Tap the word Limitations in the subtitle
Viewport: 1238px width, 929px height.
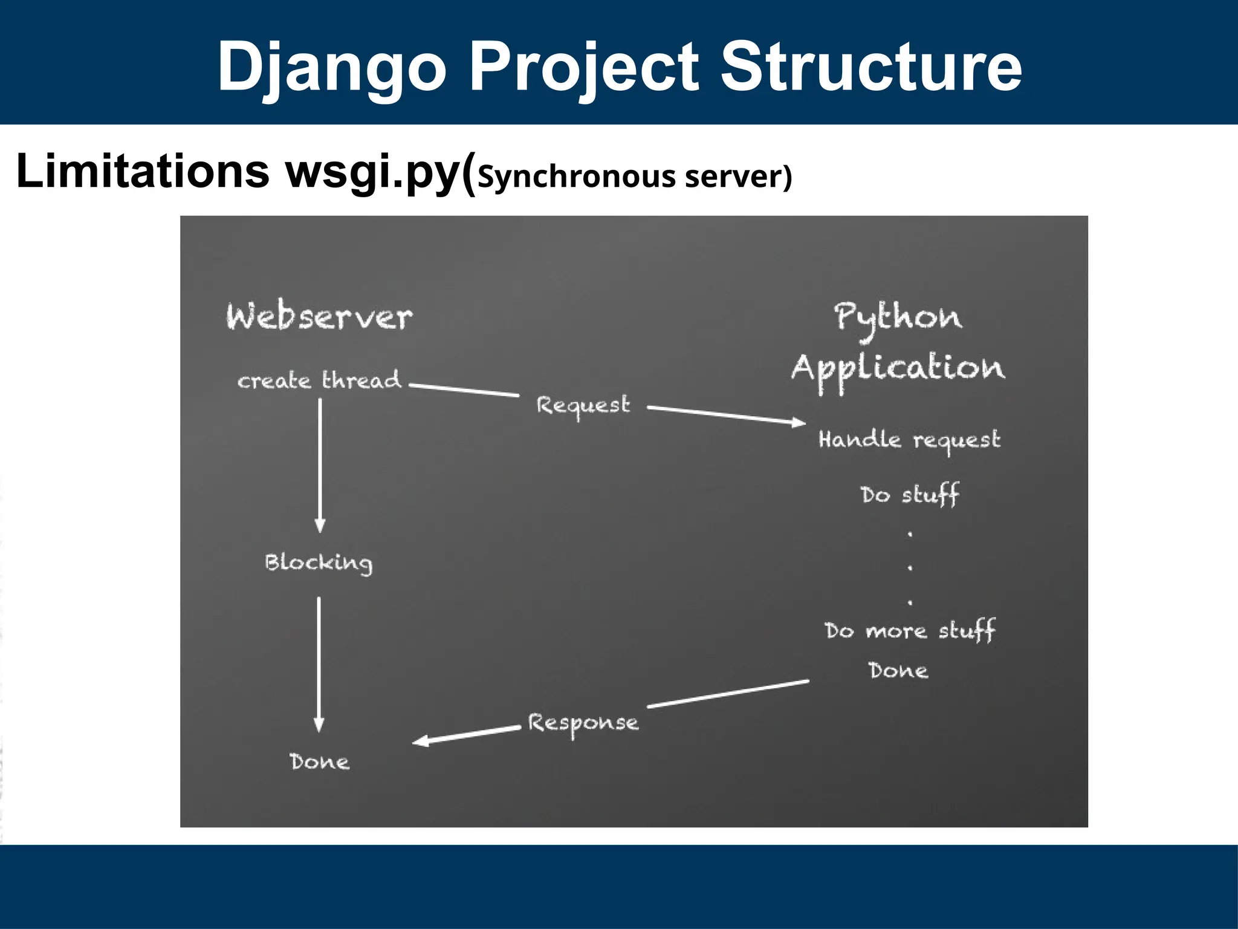(x=142, y=172)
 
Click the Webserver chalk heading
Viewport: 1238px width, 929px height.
(x=319, y=317)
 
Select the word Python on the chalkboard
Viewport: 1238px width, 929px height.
(x=898, y=318)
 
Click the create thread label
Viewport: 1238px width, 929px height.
(x=319, y=380)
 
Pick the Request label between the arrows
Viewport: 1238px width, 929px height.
(x=583, y=405)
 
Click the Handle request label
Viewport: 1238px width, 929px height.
(x=909, y=440)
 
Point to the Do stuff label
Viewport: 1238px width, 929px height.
(x=910, y=495)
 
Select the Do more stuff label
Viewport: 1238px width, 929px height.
(x=910, y=631)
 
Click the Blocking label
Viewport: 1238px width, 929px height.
(x=319, y=562)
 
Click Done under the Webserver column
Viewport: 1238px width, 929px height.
(x=319, y=761)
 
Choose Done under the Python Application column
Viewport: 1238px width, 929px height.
(x=898, y=671)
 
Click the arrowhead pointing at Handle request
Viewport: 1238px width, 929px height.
(x=799, y=422)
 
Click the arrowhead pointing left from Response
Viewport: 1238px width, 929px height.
(x=421, y=742)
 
